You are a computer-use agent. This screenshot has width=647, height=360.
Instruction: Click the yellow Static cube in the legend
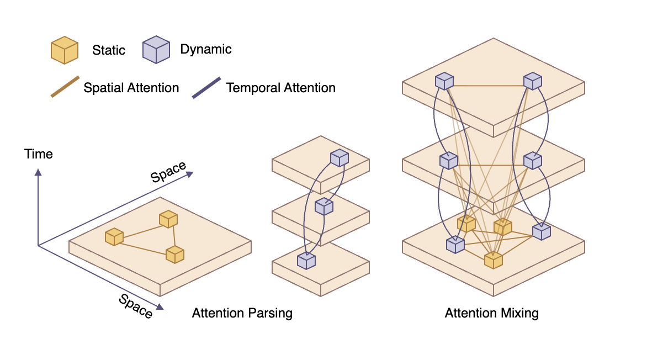coord(65,50)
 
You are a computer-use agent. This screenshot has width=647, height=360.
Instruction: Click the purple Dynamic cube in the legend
coord(156,50)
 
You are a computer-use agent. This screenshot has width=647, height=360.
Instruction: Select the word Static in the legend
coord(109,50)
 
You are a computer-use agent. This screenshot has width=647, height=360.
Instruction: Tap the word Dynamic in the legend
coord(206,49)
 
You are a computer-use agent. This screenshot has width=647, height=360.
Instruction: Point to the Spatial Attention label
coord(131,88)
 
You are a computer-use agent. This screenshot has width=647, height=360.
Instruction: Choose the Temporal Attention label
coord(280,88)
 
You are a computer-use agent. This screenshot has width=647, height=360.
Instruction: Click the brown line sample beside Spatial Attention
coord(65,87)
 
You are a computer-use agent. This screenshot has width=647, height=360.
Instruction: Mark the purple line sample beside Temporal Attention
coord(206,87)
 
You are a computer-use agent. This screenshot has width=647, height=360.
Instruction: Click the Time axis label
coord(39,154)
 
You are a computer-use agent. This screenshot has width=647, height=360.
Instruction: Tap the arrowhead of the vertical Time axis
coord(38,172)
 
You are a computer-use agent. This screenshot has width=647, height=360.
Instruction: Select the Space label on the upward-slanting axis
coord(168,172)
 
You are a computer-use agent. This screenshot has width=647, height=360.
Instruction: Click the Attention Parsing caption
coord(242,314)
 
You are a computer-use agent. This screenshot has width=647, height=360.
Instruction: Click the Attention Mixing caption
coord(491,314)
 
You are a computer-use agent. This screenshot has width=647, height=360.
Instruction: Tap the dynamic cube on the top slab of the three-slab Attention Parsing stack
coord(340,158)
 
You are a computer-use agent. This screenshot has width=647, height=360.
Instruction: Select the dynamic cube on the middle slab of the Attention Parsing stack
coord(324,207)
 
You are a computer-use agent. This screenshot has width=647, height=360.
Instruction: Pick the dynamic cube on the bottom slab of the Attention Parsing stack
coord(306,260)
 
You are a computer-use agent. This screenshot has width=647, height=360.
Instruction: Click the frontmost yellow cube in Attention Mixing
coord(493,260)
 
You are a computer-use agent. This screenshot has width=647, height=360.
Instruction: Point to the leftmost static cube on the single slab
coord(114,237)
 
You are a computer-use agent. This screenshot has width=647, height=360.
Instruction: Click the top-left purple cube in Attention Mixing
coord(444,81)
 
